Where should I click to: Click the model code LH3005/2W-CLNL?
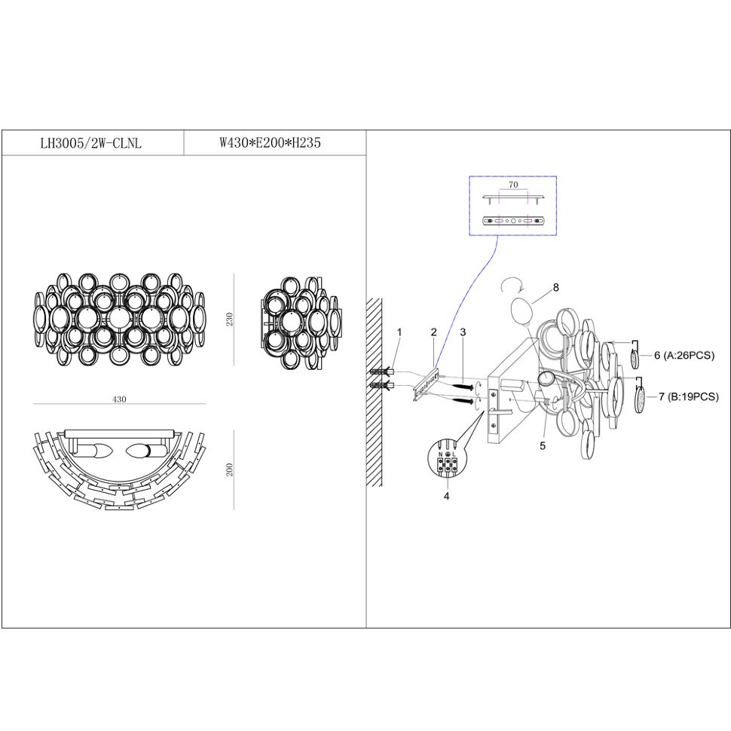click(x=91, y=143)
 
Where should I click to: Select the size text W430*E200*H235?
click(x=271, y=142)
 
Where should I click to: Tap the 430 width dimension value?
click(x=119, y=399)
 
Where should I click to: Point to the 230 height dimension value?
click(x=229, y=320)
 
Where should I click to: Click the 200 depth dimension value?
click(x=229, y=469)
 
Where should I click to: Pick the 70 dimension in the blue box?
click(x=513, y=185)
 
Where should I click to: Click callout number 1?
click(x=399, y=332)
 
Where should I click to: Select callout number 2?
click(x=433, y=332)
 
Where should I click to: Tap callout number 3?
click(x=463, y=332)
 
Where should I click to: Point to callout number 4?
click(x=447, y=497)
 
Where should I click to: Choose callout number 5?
click(x=543, y=446)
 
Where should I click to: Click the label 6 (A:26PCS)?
click(x=684, y=356)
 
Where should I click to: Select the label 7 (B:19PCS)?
click(x=689, y=396)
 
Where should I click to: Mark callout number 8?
click(x=555, y=288)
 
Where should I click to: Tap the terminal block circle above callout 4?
click(x=447, y=459)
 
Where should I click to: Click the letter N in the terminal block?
click(x=441, y=454)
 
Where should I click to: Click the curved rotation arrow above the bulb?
click(x=512, y=285)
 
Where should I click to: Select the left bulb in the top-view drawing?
click(x=92, y=451)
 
